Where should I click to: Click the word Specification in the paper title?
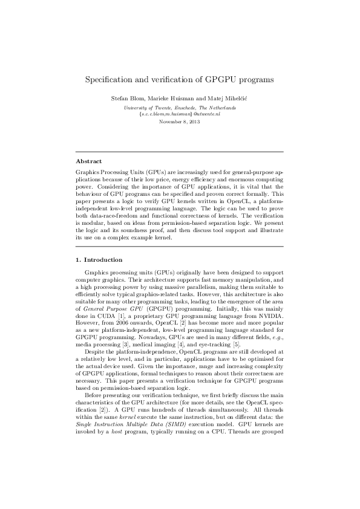coord(111,79)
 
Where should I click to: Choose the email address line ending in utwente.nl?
coord(180,114)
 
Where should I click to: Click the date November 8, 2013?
coord(180,122)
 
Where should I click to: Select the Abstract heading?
coord(88,161)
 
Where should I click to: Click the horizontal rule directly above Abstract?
coord(180,152)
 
